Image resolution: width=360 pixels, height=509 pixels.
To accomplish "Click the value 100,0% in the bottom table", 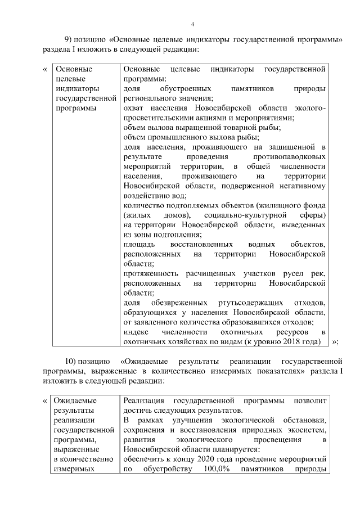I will pyautogui.click(x=211, y=469).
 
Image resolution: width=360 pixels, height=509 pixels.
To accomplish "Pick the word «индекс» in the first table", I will pyautogui.click(x=134, y=331).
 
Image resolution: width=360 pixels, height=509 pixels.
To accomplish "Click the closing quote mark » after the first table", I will pyautogui.click(x=335, y=341).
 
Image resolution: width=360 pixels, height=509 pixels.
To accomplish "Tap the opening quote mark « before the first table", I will pyautogui.click(x=44, y=69).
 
